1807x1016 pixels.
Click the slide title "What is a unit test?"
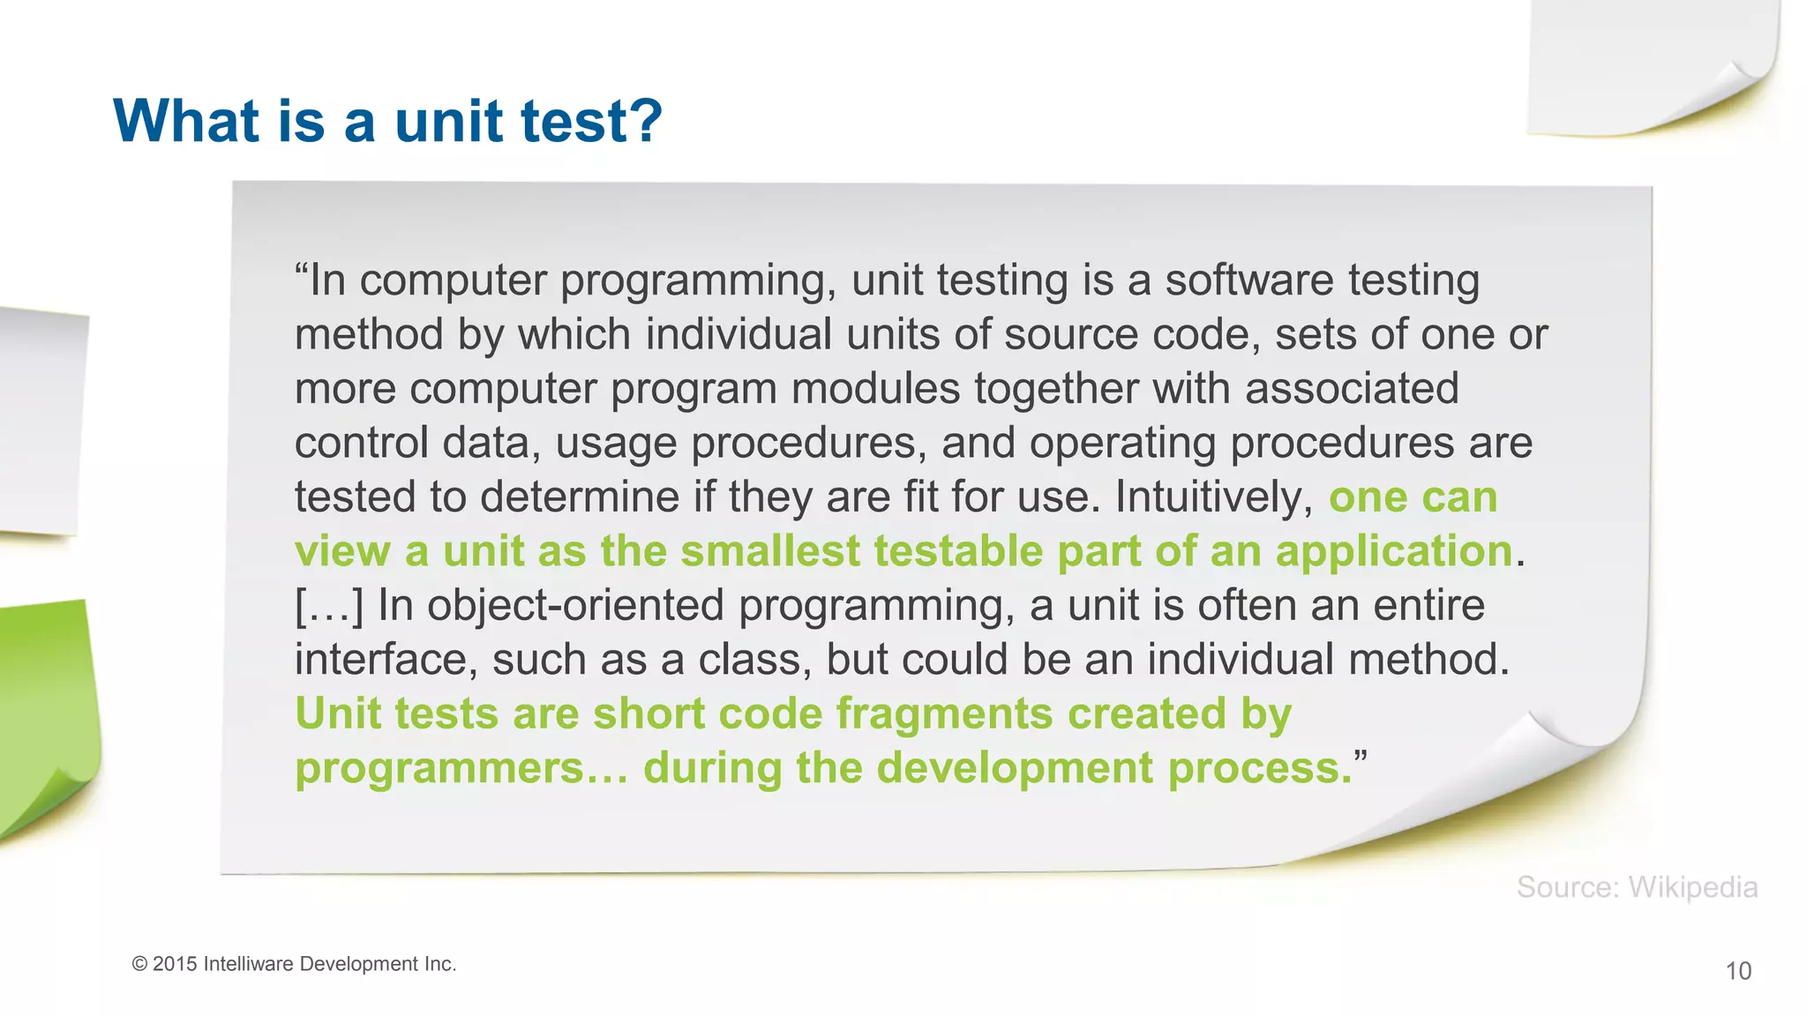coord(387,121)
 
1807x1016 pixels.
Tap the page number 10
coord(1737,971)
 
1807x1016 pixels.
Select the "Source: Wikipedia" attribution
coord(1637,887)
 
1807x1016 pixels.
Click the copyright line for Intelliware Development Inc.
coord(294,964)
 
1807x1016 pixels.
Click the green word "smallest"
coord(769,552)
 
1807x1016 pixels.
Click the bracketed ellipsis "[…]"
coord(328,606)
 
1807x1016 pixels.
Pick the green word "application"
coord(1394,552)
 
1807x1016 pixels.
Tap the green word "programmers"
coord(439,768)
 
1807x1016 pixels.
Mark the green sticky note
coord(44,714)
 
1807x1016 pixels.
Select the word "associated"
coord(1352,389)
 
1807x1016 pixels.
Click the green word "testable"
coord(959,552)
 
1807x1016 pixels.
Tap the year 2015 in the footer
coord(175,964)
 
